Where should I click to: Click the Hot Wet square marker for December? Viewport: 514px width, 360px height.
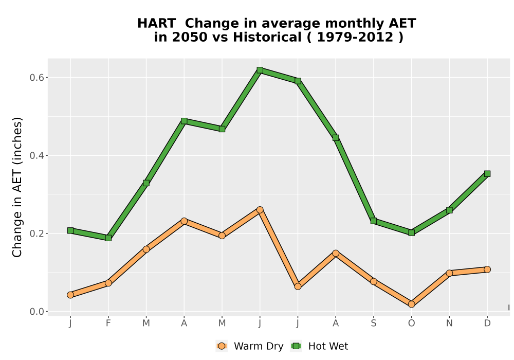pos(487,174)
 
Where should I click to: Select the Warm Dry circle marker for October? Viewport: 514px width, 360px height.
pos(411,304)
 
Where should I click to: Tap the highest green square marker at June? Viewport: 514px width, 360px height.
pos(260,70)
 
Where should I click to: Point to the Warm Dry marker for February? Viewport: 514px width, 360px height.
pos(108,283)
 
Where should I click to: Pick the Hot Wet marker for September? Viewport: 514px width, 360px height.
pos(373,221)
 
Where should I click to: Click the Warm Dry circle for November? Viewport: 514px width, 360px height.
pos(449,273)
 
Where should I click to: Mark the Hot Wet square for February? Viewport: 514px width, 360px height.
pos(108,238)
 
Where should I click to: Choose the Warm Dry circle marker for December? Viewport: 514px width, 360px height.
pos(487,269)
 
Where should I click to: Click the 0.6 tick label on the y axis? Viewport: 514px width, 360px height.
pos(36,78)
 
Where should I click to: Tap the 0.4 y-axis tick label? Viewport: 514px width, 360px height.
pos(36,155)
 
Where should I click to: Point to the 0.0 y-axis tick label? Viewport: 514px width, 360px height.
pos(36,312)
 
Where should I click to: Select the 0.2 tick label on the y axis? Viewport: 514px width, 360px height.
pos(36,233)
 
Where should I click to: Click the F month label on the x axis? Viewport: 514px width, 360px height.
pos(108,323)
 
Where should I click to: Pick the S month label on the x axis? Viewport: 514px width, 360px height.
pos(373,323)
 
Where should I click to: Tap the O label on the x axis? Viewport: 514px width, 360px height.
pos(411,323)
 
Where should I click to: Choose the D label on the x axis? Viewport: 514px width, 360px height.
pos(487,323)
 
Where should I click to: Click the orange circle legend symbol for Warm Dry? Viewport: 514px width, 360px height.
pos(222,346)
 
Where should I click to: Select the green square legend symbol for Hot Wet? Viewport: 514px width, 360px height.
pos(297,346)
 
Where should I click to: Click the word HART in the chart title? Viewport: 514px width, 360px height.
pos(156,24)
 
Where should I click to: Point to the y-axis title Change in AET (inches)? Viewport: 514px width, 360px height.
pos(17,187)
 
